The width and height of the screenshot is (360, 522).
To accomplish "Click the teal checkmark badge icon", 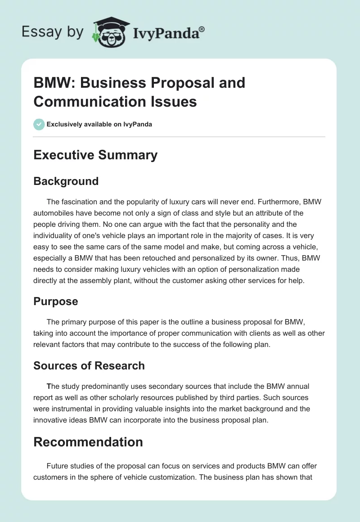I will tap(39, 124).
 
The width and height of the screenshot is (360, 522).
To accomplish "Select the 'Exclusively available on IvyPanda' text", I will tap(99, 124).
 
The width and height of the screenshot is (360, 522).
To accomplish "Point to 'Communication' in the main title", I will tap(83, 102).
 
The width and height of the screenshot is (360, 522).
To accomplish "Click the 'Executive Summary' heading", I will tap(95, 155).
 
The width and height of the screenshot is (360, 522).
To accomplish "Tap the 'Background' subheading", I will tap(66, 181).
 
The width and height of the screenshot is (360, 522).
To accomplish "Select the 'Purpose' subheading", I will tap(56, 301).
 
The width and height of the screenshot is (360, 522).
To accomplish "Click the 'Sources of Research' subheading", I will tap(89, 365).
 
